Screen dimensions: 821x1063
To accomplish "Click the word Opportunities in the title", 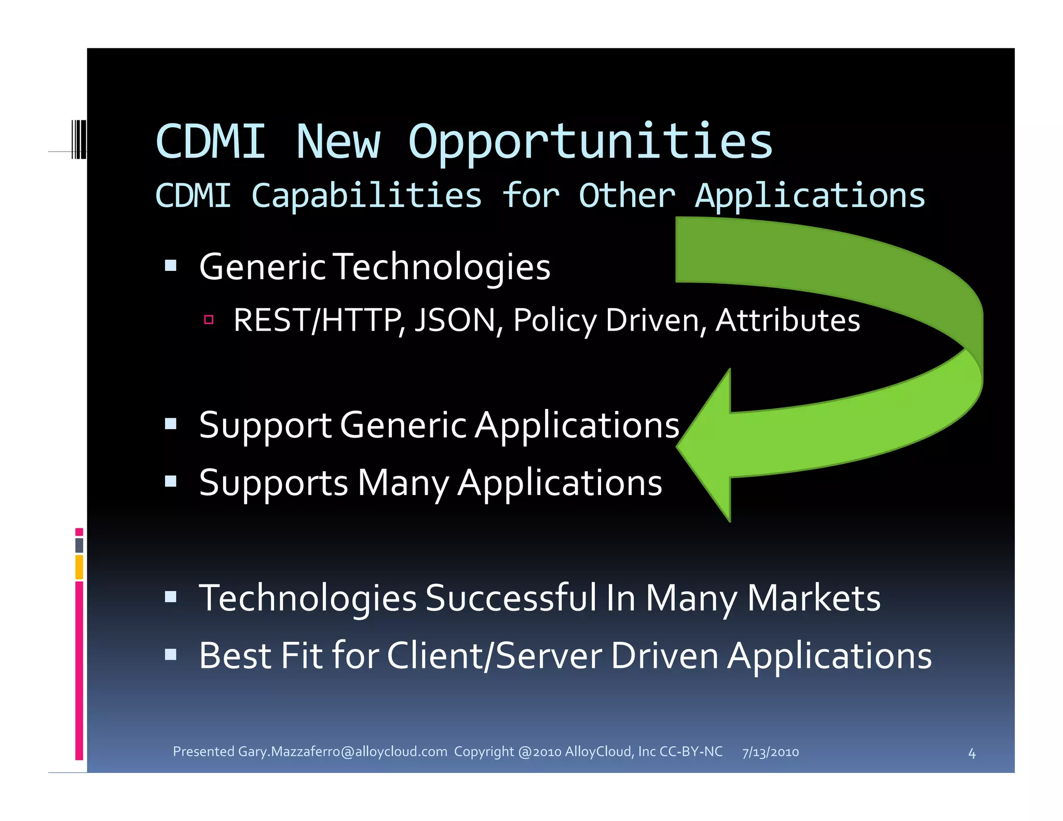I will click(590, 143).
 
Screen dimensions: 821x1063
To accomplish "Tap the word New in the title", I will click(338, 143).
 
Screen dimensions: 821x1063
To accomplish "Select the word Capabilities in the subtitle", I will click(366, 196).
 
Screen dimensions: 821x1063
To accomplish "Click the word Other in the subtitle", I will click(626, 196).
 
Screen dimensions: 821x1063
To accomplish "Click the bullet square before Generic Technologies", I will click(171, 266).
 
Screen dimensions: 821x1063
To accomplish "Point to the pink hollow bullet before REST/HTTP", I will click(209, 320).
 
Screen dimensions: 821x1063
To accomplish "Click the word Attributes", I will click(787, 320).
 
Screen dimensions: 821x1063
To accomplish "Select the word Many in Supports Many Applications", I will click(403, 483).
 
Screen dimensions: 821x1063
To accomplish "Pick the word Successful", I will click(511, 598).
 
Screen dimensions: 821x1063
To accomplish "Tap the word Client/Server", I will click(494, 655).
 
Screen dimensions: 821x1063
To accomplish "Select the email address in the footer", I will click(342, 751).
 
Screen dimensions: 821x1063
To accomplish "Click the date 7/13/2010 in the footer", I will click(770, 752).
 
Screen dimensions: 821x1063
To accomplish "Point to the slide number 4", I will click(972, 754).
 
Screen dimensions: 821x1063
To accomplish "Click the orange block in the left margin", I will click(79, 567).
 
